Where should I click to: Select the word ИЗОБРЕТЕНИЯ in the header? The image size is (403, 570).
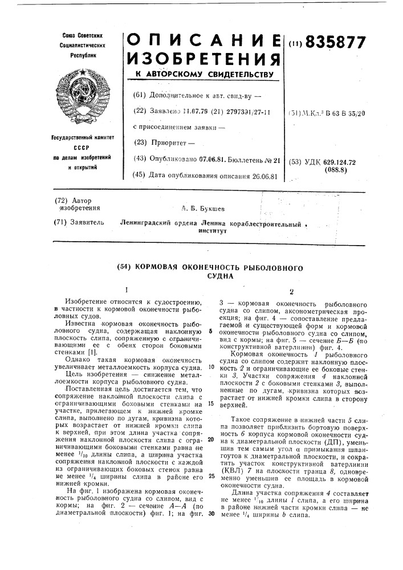click(x=203, y=58)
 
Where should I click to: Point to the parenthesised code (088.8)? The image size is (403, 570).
click(x=336, y=169)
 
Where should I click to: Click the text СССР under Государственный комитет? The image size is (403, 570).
click(x=86, y=146)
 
